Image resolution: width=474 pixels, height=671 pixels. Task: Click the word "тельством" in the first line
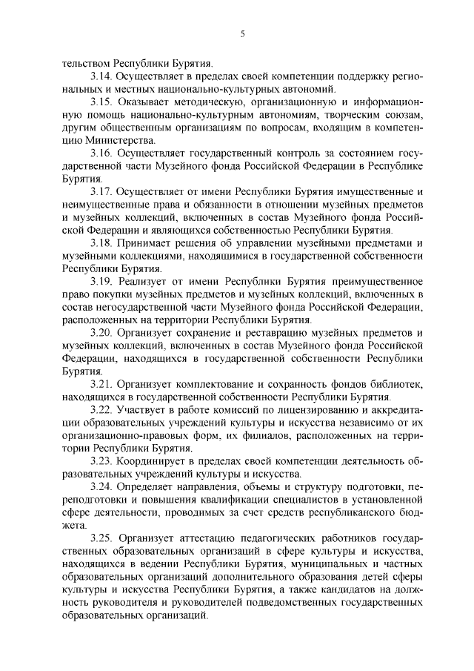pos(84,64)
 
